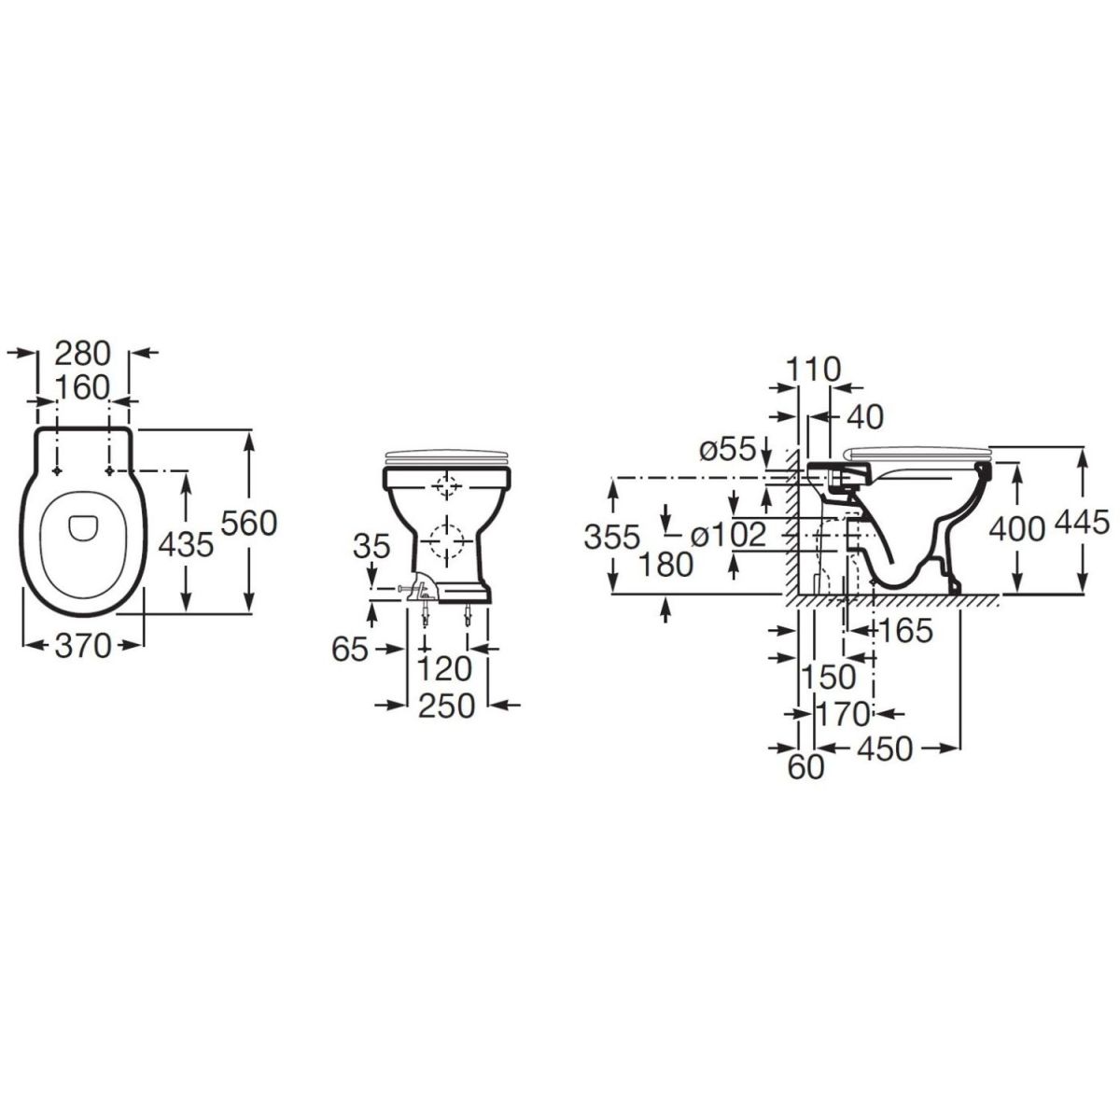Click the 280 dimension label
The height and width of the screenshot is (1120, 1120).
click(x=82, y=354)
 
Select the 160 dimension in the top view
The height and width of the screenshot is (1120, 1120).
click(x=82, y=387)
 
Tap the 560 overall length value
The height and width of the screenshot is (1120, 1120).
click(x=249, y=524)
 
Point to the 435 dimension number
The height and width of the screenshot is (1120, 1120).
click(x=186, y=546)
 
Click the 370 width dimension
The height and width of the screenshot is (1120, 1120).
click(x=82, y=646)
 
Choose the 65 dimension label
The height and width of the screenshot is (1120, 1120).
click(x=349, y=650)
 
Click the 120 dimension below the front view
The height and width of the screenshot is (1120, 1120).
click(x=444, y=669)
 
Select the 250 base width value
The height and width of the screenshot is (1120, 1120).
click(x=447, y=707)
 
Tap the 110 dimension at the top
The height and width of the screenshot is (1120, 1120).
click(x=814, y=370)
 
